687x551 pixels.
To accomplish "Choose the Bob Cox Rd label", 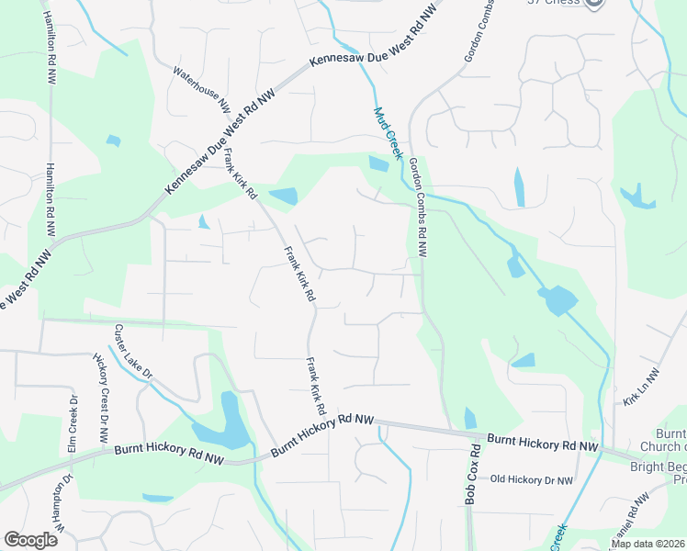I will coord(472,475).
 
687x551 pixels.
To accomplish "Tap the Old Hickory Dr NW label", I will coord(532,479).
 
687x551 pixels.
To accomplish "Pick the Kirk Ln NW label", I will coord(641,388).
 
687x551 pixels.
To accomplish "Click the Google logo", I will coord(30,540).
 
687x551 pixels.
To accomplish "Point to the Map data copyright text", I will coord(648,544).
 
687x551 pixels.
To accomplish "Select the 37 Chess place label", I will coord(554,2).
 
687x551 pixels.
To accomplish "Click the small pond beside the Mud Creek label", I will coord(377,164).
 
